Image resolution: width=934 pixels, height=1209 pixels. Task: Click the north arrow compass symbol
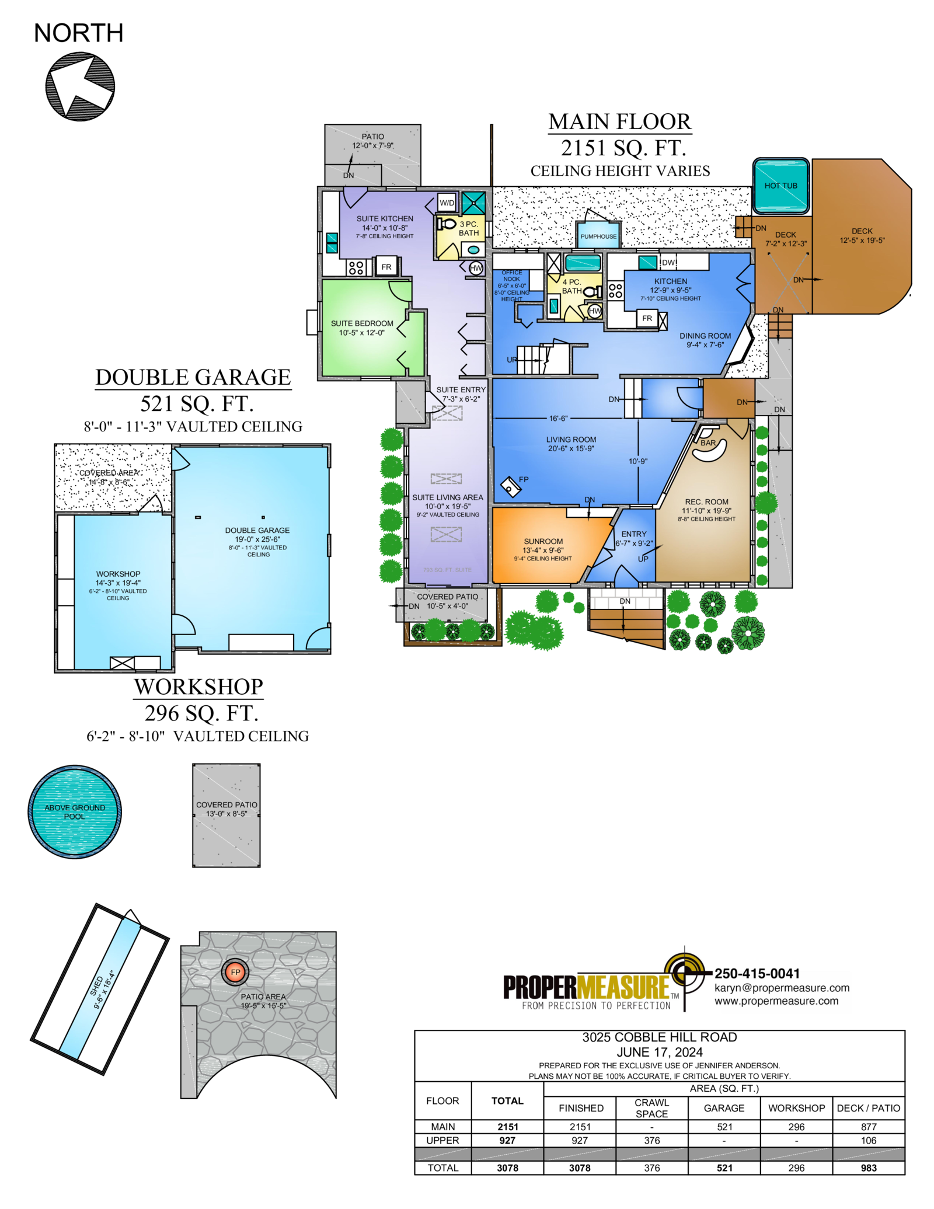tap(80, 86)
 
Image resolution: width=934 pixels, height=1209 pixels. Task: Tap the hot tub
tap(780, 186)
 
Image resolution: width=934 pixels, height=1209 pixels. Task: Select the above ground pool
tap(75, 811)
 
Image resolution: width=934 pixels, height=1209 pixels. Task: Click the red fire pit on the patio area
tap(235, 972)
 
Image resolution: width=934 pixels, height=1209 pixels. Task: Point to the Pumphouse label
tap(598, 236)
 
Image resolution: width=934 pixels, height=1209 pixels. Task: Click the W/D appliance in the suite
tap(447, 203)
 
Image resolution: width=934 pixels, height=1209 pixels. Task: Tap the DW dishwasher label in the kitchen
tap(668, 263)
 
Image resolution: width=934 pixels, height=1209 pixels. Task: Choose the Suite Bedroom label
tap(362, 323)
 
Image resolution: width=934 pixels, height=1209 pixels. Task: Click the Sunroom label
tap(543, 541)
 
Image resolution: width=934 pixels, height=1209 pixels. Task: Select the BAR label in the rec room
tap(708, 443)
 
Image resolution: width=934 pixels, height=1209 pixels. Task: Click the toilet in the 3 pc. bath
tap(447, 224)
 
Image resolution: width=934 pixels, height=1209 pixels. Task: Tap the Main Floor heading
tap(620, 121)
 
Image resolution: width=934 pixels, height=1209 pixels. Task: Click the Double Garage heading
tap(193, 377)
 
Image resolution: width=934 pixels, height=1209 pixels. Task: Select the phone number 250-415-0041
tap(757, 973)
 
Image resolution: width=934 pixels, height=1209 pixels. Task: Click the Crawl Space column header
tap(651, 1107)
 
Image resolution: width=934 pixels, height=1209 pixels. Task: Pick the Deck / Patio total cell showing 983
tap(869, 1168)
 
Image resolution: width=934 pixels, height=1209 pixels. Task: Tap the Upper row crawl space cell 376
tap(652, 1140)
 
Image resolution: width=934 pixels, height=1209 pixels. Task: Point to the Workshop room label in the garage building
tap(118, 574)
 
